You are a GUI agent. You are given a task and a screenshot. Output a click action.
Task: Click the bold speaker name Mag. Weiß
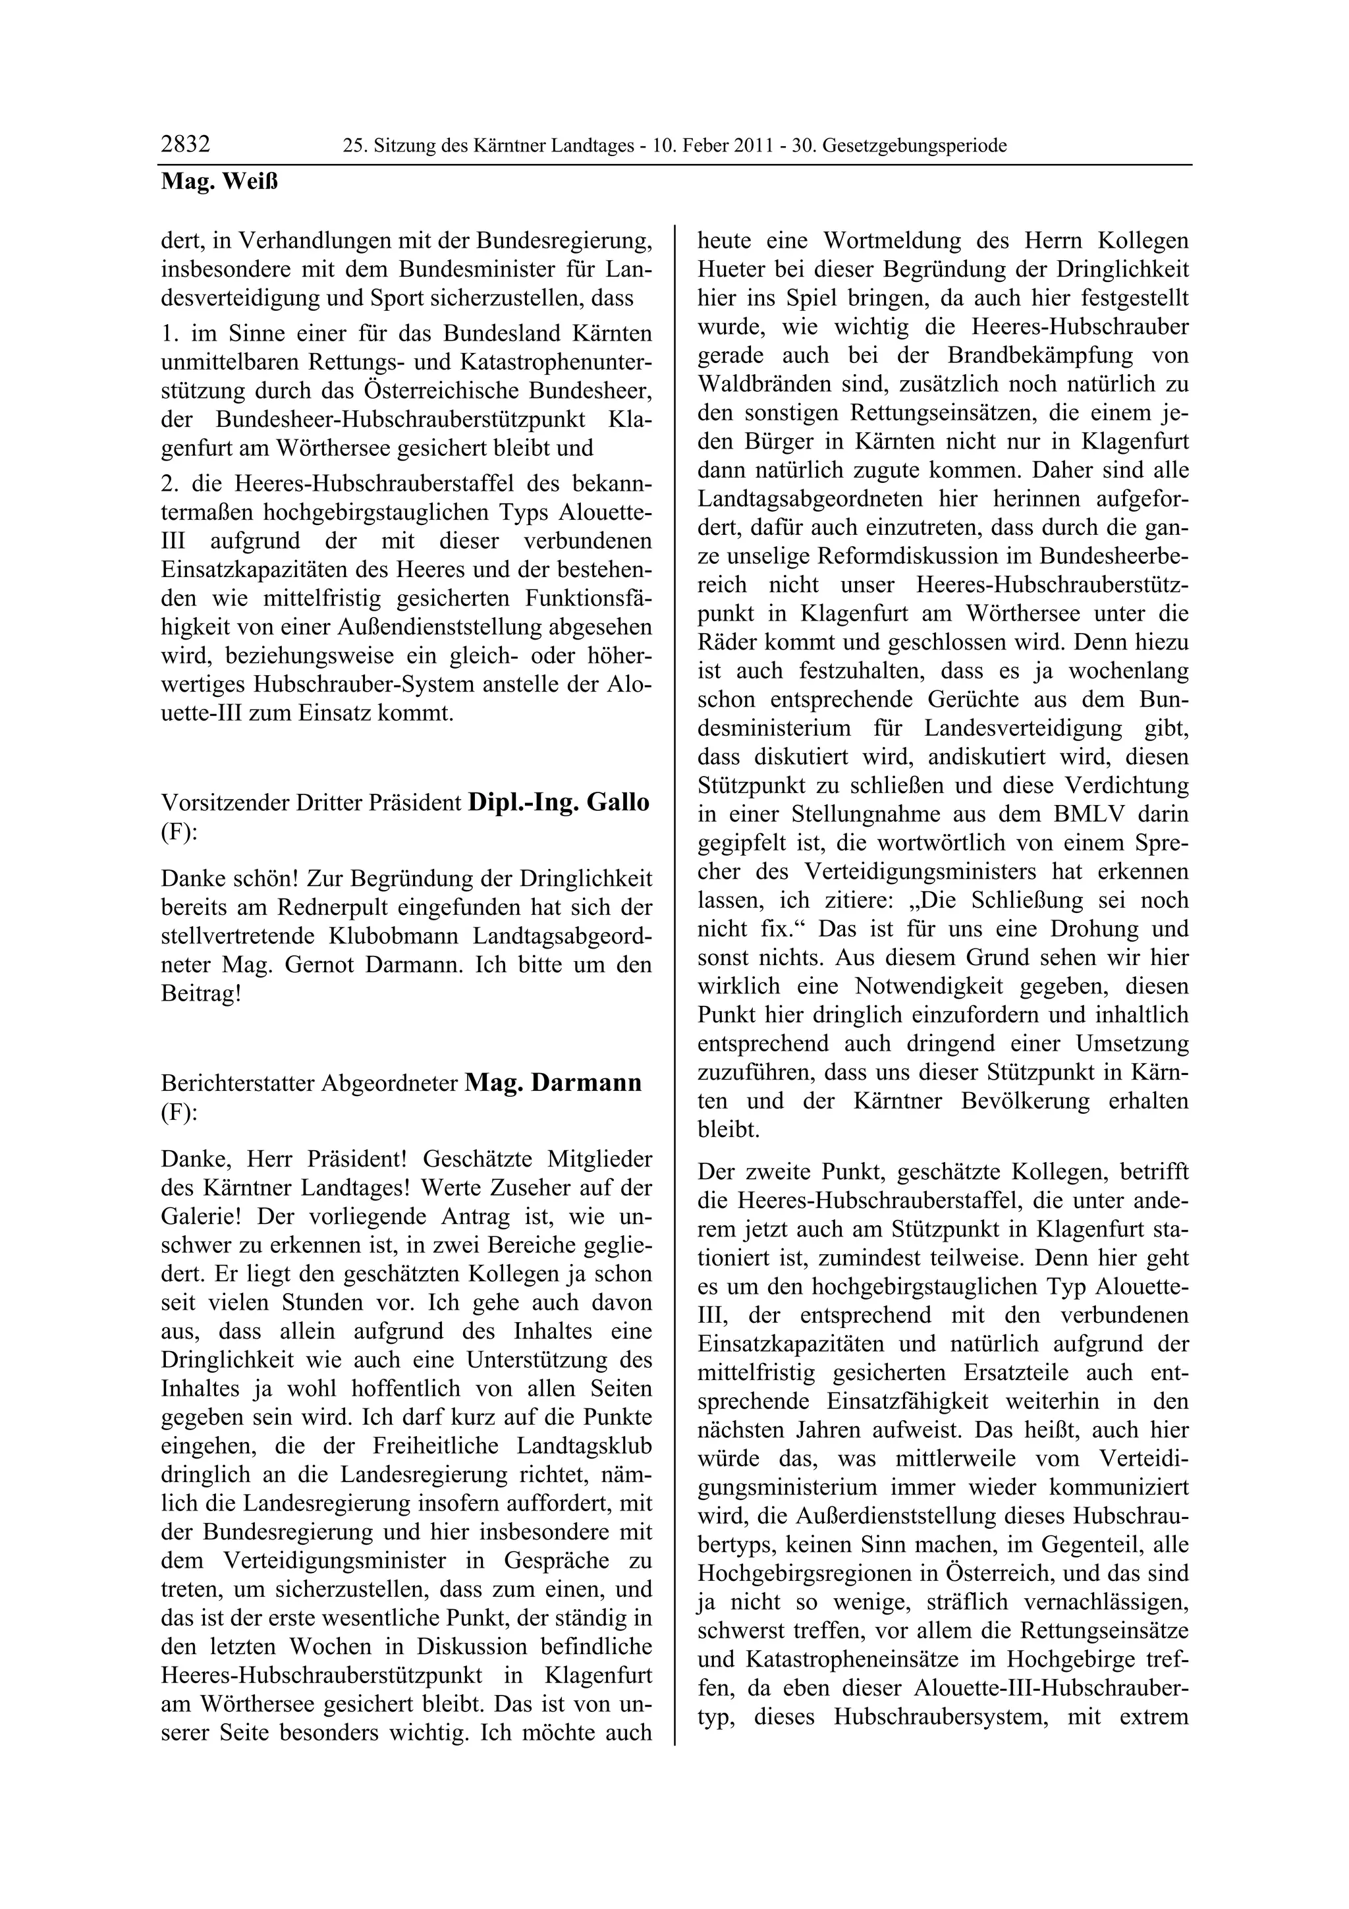click(219, 182)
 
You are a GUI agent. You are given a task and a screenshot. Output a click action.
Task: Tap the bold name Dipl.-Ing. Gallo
click(559, 803)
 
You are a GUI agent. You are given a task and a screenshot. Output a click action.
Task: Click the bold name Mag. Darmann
click(553, 1084)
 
